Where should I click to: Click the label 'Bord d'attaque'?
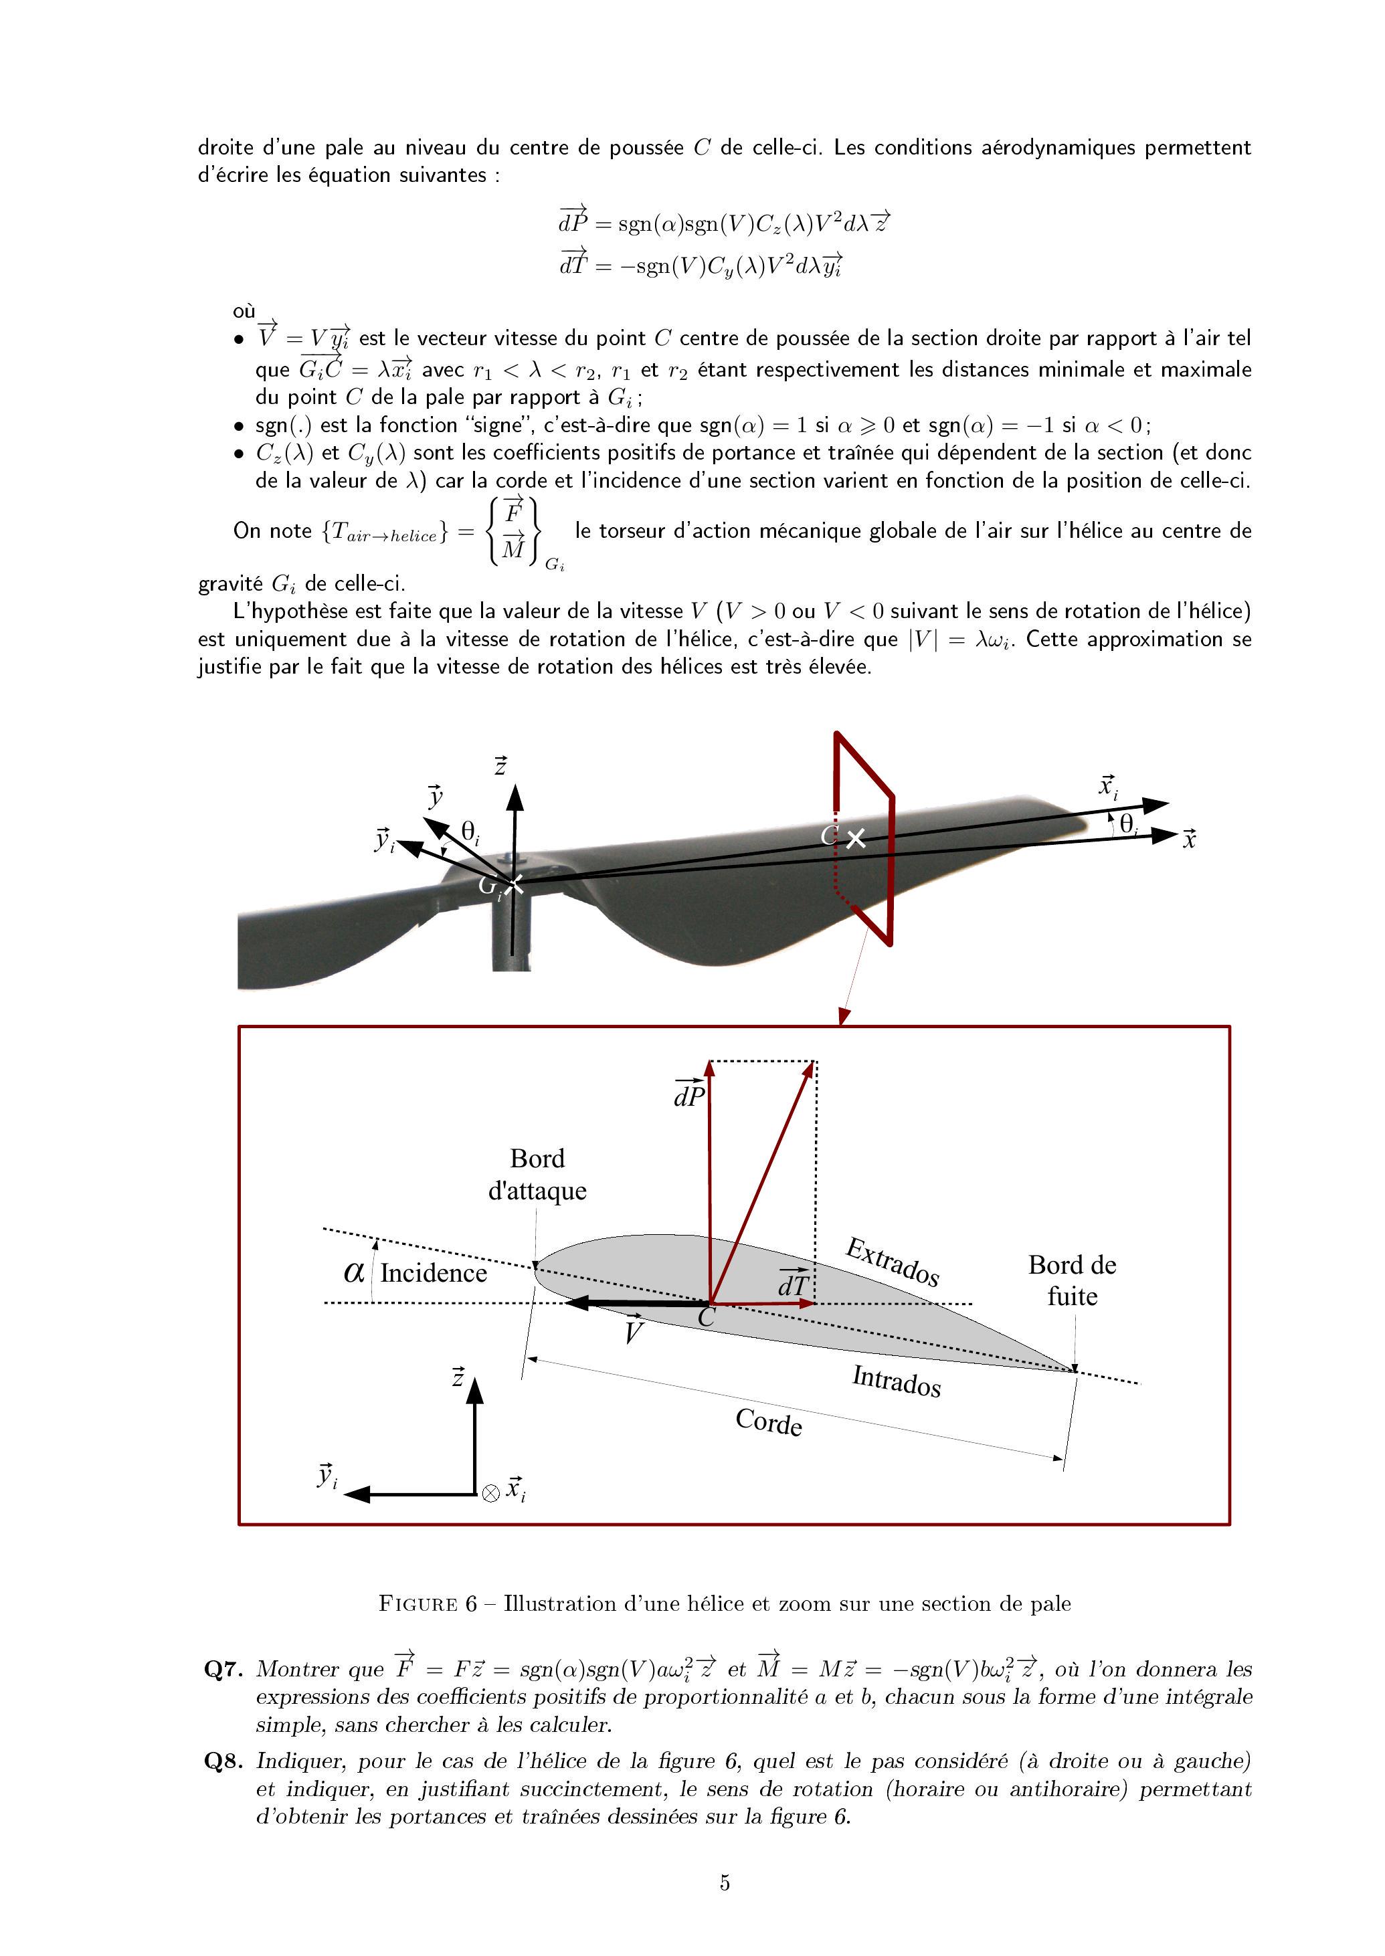(537, 1174)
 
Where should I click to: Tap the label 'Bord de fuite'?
(1072, 1280)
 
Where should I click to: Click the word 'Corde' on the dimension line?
(768, 1422)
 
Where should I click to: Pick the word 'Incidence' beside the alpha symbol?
(434, 1273)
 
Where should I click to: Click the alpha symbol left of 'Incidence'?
(354, 1272)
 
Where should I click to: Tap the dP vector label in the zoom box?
(689, 1092)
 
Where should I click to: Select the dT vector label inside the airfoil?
(793, 1282)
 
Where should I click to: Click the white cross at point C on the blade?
(855, 839)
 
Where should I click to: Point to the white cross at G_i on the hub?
(513, 884)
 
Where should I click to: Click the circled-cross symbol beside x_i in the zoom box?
(490, 1493)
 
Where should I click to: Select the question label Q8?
(224, 1761)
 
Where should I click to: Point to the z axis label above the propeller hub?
(500, 766)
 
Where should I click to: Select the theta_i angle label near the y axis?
(470, 832)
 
